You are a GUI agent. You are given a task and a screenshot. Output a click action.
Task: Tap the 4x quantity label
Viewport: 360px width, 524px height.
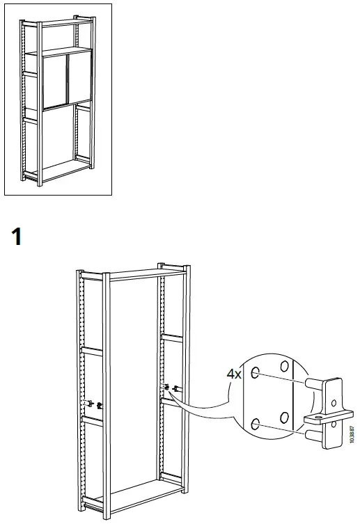(x=235, y=374)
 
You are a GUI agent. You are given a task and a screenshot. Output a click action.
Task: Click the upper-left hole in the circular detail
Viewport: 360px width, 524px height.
(x=256, y=373)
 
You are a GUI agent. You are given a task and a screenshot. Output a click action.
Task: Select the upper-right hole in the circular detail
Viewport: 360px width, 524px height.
(x=283, y=365)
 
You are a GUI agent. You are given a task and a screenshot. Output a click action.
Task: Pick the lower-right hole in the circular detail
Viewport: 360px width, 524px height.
(x=283, y=417)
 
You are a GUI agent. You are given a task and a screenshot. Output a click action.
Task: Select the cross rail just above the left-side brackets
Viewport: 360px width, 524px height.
(x=91, y=349)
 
